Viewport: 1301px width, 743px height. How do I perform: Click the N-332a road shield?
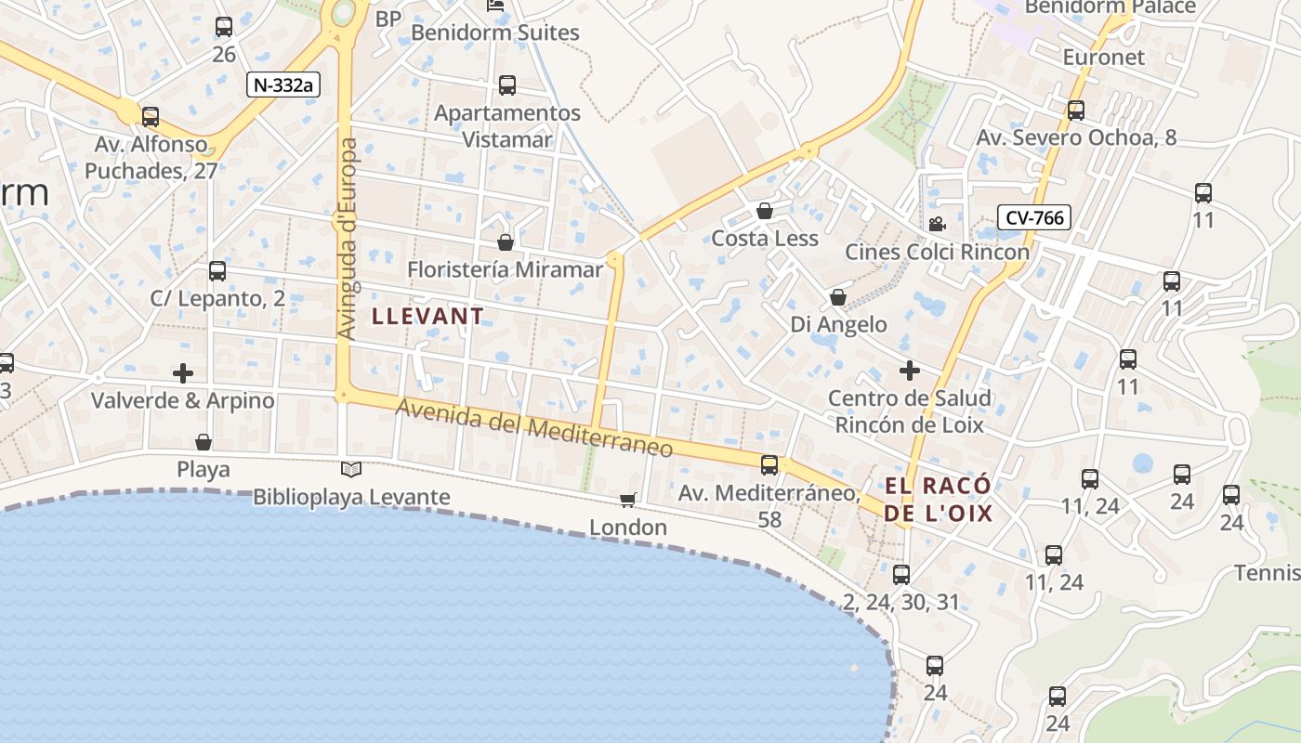[x=284, y=85]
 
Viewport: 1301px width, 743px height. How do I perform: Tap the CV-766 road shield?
[x=1034, y=217]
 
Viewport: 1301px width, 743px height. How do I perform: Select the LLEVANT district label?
[x=427, y=316]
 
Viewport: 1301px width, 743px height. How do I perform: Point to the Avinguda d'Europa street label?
[x=348, y=239]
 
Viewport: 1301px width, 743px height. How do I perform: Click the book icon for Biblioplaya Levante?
[x=351, y=470]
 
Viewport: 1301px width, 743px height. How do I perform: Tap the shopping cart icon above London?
[x=628, y=501]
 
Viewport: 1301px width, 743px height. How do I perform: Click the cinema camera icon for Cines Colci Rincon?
[x=937, y=224]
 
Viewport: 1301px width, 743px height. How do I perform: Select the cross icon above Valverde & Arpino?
[x=183, y=373]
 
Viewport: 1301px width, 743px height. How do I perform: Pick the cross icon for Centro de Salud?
[x=910, y=371]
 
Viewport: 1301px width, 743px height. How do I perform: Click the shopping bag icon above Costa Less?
[x=765, y=211]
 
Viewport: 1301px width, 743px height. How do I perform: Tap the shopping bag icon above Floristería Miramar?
[x=506, y=242]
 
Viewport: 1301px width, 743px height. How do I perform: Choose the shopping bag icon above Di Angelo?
[x=838, y=297]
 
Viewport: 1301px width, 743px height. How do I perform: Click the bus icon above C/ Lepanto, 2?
[x=217, y=271]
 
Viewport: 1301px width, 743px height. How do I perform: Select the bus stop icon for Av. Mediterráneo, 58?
[x=769, y=465]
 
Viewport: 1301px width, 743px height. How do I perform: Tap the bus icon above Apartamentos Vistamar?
[x=507, y=85]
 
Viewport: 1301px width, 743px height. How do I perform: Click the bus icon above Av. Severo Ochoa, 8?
[x=1076, y=111]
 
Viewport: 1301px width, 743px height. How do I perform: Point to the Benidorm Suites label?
[x=495, y=33]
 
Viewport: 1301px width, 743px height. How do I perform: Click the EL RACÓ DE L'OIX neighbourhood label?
[x=938, y=499]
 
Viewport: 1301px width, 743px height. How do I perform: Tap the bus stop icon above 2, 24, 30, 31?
[x=900, y=575]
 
